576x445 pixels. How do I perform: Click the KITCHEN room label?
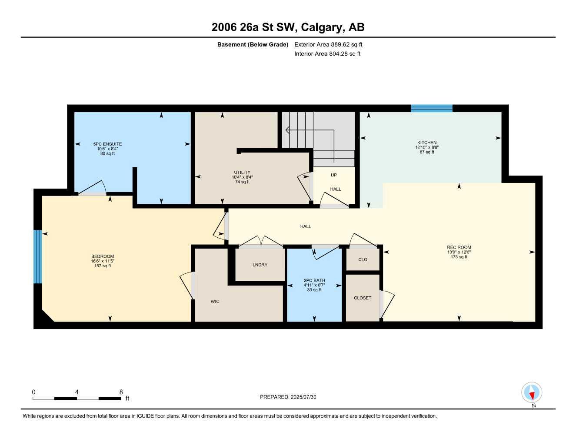pyautogui.click(x=426, y=143)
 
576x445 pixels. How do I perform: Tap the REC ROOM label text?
pyautogui.click(x=459, y=247)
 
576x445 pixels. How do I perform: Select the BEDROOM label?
pyautogui.click(x=103, y=256)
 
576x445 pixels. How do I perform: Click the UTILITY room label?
pyautogui.click(x=242, y=173)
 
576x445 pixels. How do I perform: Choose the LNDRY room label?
pyautogui.click(x=260, y=265)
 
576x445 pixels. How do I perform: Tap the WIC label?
pyautogui.click(x=215, y=301)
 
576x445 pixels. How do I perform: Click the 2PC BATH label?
pyautogui.click(x=314, y=280)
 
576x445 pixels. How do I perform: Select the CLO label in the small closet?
pyautogui.click(x=363, y=259)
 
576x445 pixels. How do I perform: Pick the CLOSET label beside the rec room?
pyautogui.click(x=363, y=298)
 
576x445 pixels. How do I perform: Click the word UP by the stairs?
pyautogui.click(x=333, y=175)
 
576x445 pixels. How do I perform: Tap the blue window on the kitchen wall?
pyautogui.click(x=432, y=108)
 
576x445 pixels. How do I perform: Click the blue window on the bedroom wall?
pyautogui.click(x=38, y=256)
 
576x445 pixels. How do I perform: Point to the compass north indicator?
pyautogui.click(x=532, y=393)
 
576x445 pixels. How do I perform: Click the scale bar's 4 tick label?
pyautogui.click(x=77, y=392)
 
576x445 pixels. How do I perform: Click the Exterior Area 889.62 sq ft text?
pyautogui.click(x=328, y=44)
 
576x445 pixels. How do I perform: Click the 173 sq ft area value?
pyautogui.click(x=459, y=257)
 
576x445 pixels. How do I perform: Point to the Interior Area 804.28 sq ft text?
pyautogui.click(x=327, y=54)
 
